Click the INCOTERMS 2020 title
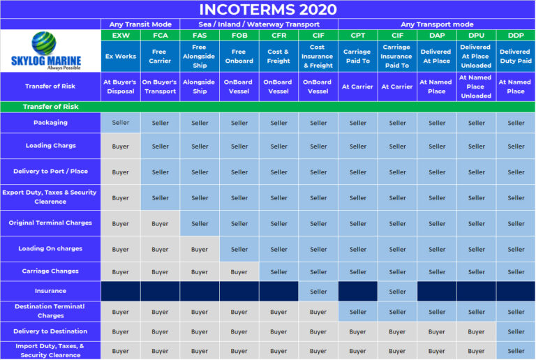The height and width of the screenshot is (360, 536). coord(268,9)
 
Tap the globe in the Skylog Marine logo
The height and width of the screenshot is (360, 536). coord(44,43)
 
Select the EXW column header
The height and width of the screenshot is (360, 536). coord(120,35)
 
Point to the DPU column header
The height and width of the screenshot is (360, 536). coord(476,35)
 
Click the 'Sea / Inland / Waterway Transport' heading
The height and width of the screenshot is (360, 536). coord(259,24)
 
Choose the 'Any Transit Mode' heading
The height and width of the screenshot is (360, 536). coord(140,24)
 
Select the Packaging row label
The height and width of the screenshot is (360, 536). coord(50,123)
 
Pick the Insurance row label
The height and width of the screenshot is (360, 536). coord(50,291)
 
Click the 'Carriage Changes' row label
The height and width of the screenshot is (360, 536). coord(50,271)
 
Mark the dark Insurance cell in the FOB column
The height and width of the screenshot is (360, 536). coord(239,291)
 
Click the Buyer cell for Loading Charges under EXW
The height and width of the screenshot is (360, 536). coord(120,147)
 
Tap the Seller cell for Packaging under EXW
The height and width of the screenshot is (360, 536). coord(120,123)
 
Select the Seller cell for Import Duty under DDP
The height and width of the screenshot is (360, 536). coord(516,350)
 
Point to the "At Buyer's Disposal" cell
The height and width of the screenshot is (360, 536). coord(120,87)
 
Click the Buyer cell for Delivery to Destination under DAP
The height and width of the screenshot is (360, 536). coord(437,331)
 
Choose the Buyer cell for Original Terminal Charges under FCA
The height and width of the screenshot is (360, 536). coord(160,224)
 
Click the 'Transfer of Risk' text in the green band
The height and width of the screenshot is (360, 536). coord(50,107)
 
